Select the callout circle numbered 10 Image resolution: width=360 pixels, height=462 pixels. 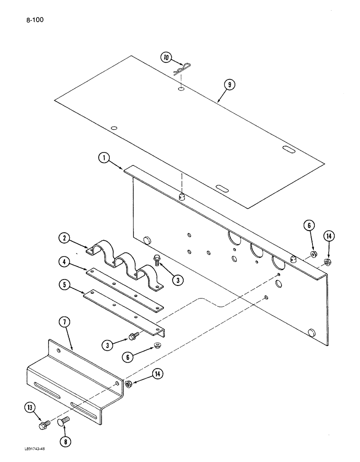click(x=166, y=58)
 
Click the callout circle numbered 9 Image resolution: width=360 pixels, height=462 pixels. click(x=230, y=85)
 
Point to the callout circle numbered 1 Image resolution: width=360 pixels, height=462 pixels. click(x=104, y=158)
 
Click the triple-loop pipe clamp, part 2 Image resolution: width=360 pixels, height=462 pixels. click(x=125, y=263)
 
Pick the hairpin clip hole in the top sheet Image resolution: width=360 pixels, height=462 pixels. click(x=182, y=88)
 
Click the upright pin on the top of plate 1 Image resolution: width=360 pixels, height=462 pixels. click(x=182, y=198)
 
